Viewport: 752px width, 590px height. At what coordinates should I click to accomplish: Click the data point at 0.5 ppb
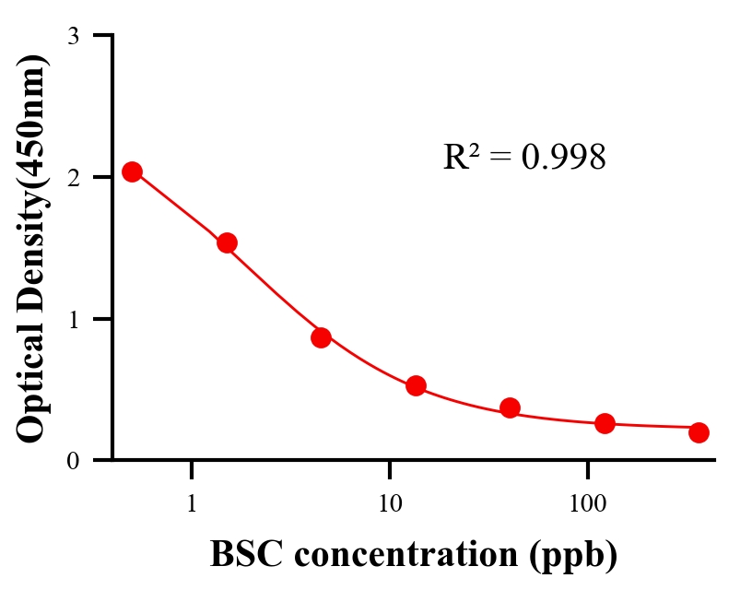132,171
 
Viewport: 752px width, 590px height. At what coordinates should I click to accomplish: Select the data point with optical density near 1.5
227,242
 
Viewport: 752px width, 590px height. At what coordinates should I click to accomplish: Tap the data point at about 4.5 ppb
321,337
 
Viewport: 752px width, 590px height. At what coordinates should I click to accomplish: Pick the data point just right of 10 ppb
416,385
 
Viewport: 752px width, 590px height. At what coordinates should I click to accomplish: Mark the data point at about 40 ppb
510,407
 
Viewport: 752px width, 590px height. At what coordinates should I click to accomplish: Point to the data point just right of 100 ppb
605,423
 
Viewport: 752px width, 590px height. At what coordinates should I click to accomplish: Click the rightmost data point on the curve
699,432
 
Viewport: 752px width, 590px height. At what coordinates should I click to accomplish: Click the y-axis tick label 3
73,36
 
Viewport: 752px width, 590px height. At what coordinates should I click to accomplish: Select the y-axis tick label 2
73,178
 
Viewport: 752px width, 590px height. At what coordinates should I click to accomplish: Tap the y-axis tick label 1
73,319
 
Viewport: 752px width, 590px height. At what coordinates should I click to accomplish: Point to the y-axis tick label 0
73,461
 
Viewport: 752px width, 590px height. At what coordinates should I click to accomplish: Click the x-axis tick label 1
192,504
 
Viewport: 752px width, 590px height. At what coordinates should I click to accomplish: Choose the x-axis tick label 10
390,504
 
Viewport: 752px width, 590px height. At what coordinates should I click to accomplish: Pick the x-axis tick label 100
588,504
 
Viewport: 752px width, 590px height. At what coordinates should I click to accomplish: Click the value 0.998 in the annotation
563,158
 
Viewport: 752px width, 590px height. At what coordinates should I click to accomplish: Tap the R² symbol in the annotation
462,158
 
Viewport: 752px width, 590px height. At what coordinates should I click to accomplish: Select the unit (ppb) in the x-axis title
573,555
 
